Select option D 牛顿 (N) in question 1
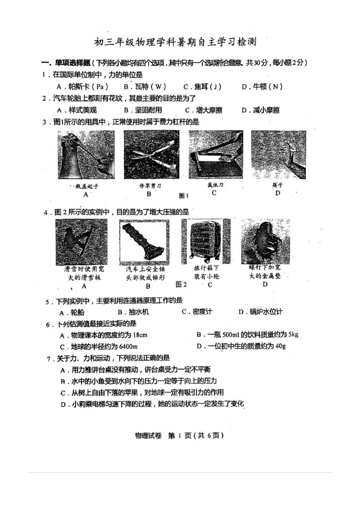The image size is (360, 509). pos(263,86)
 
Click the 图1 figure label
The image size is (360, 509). pos(184,196)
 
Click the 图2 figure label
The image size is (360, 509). pos(181,284)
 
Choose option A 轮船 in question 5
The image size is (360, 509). pos(72,312)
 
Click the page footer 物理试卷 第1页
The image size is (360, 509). pos(180,435)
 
